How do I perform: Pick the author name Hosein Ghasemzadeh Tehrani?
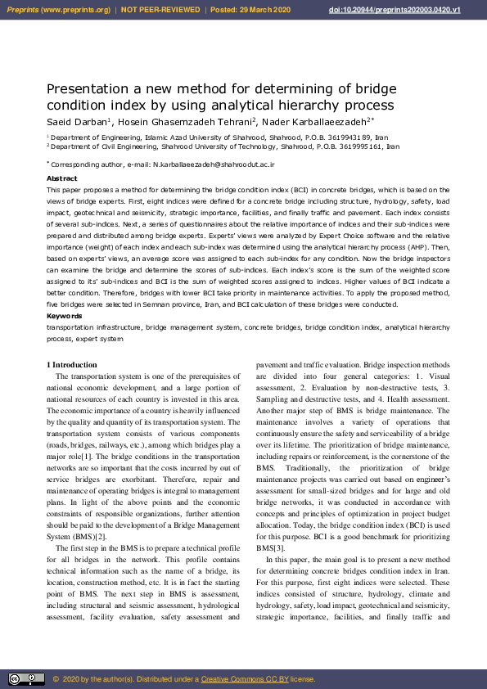pos(184,122)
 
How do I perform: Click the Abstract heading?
pos(62,178)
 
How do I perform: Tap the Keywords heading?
pos(65,316)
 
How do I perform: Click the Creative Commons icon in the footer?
pos(26,678)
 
